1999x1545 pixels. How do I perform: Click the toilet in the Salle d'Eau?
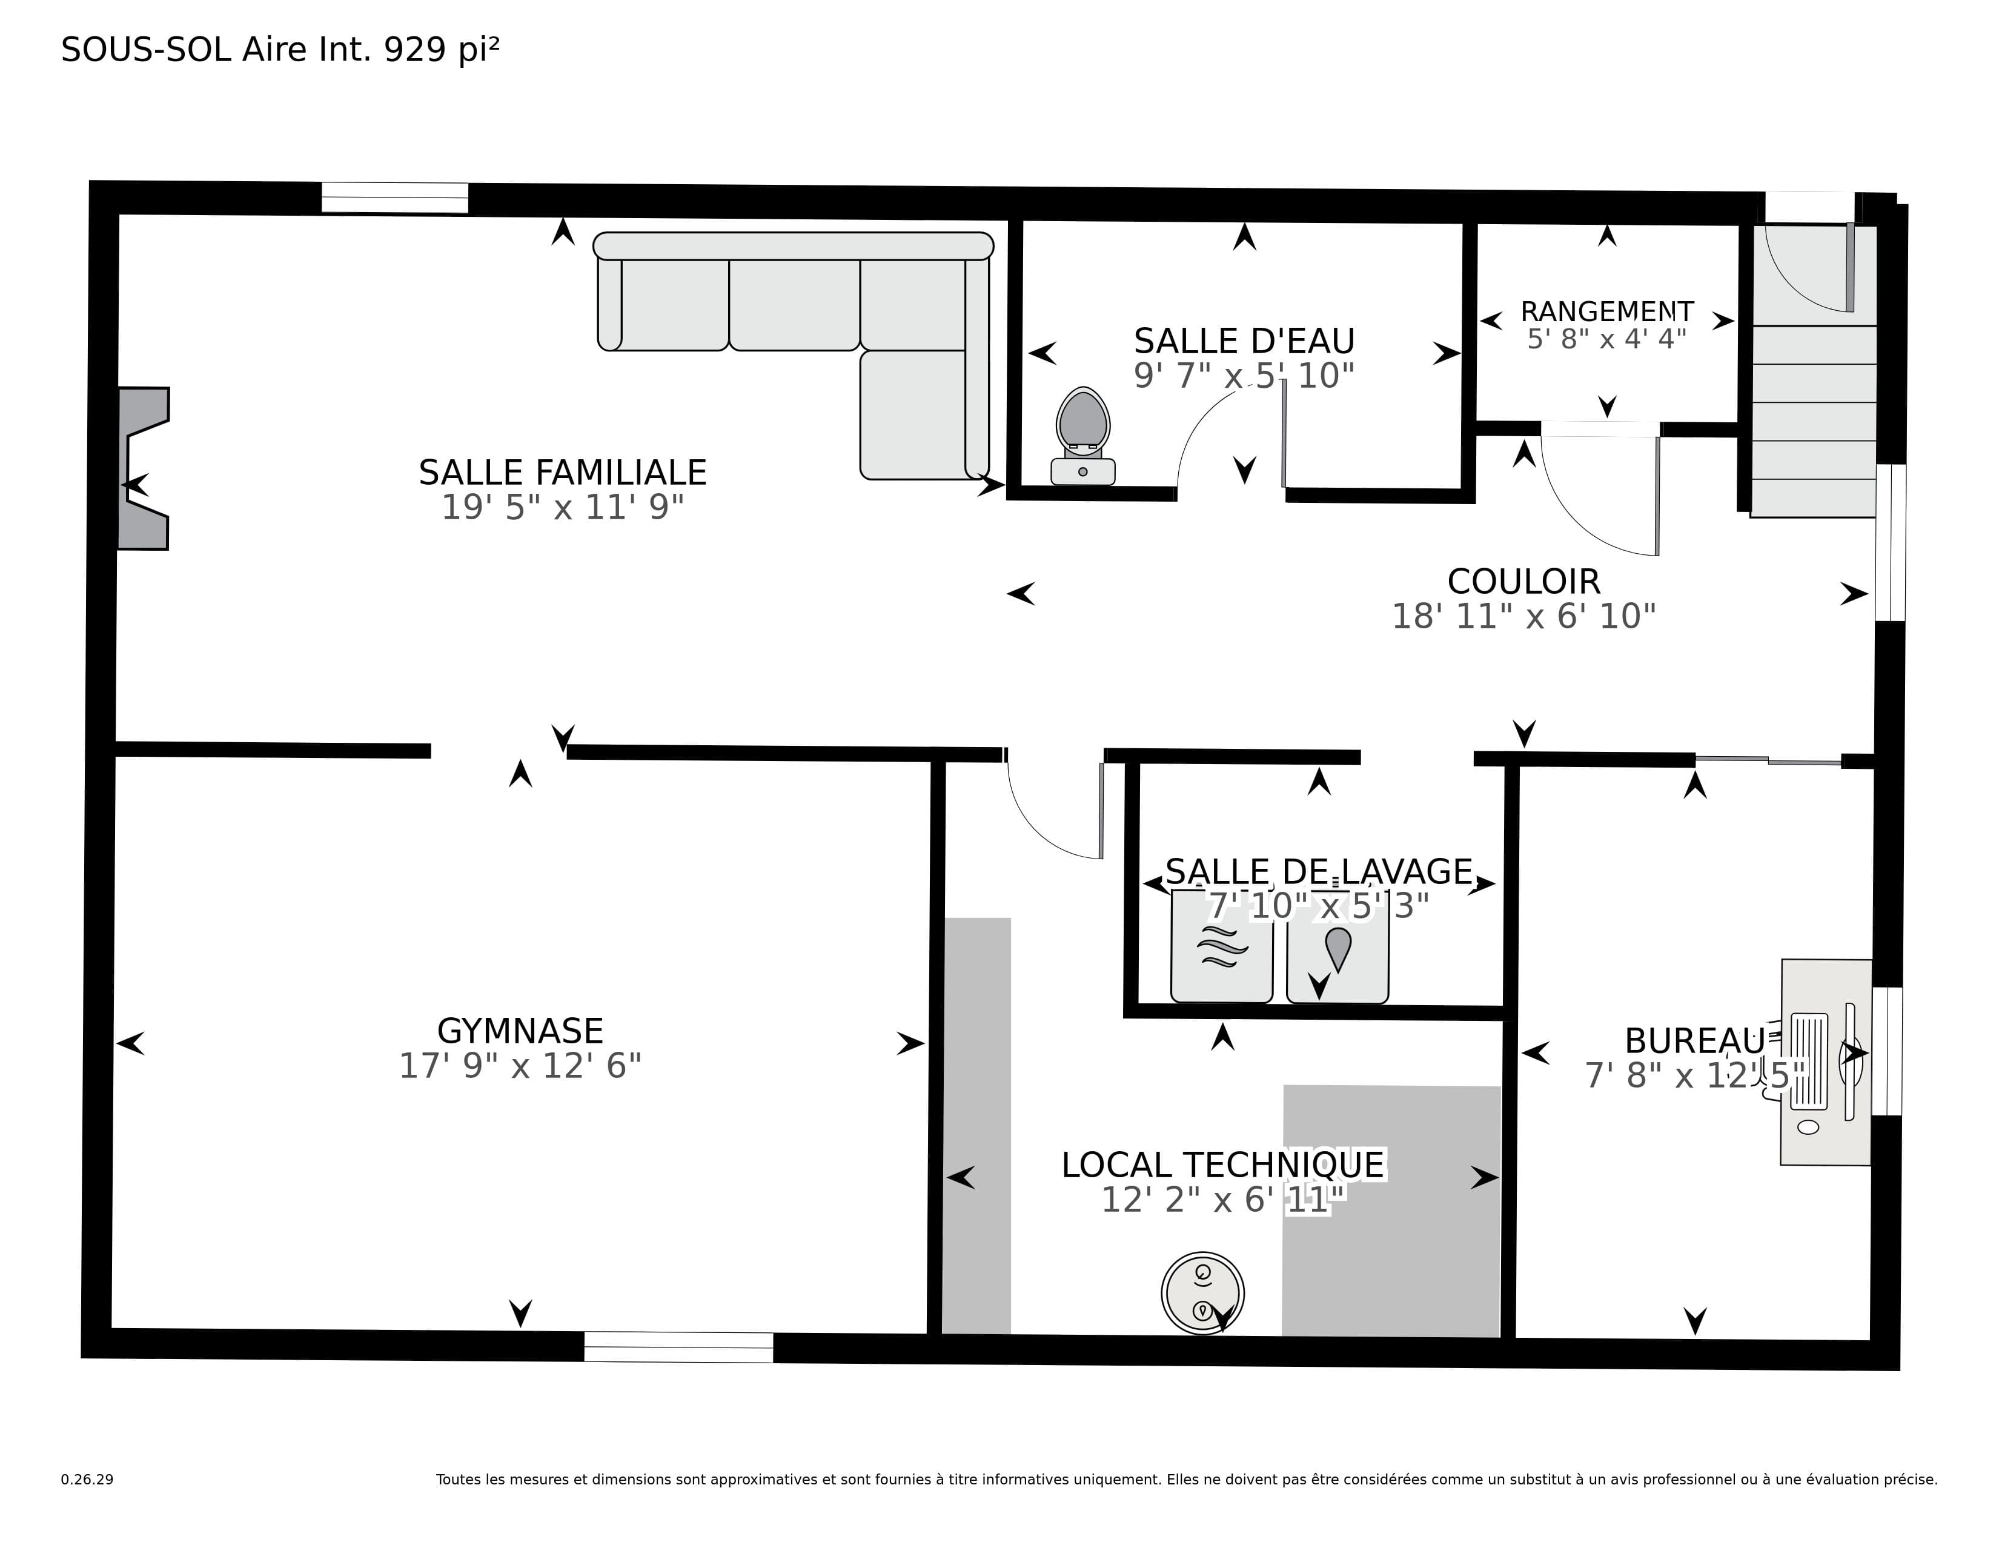pos(1083,436)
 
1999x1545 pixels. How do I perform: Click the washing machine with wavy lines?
pos(1222,946)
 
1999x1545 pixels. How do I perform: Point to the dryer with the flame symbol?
pos(1338,946)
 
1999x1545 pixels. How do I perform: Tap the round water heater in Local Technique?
pos(1202,1294)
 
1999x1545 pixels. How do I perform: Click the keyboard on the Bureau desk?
pos(1809,1062)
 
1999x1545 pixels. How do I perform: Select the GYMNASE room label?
pos(520,1032)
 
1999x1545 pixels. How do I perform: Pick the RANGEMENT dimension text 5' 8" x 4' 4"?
pos(1606,339)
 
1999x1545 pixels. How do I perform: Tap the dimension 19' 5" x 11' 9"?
pos(563,507)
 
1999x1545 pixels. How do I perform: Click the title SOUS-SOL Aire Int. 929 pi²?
pos(280,50)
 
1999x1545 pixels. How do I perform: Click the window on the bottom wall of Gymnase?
pos(678,1347)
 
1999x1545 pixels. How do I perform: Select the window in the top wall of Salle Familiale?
pos(394,198)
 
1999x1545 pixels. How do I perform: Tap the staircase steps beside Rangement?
pos(1813,421)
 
